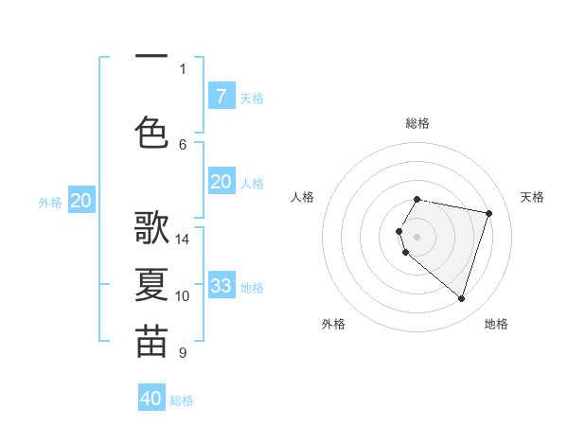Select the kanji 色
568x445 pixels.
tap(151, 132)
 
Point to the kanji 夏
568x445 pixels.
tap(151, 285)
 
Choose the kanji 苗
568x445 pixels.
tap(151, 342)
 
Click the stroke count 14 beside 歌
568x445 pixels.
tap(183, 239)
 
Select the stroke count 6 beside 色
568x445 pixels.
tap(183, 144)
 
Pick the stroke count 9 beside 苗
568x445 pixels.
tap(183, 353)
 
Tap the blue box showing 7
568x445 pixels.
tap(221, 96)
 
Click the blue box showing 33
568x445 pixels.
tap(221, 285)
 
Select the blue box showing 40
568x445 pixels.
tap(151, 399)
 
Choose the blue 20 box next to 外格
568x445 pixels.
tap(81, 201)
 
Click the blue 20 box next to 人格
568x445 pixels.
tap(221, 182)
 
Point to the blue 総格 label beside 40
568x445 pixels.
tap(183, 400)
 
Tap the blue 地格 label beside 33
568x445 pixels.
tap(253, 287)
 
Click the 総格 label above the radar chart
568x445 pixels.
tap(417, 123)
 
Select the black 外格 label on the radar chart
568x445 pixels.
tap(333, 324)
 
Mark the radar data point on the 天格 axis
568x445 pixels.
tap(488, 213)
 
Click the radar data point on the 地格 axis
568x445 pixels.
tap(461, 298)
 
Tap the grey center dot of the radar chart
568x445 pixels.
tap(417, 236)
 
